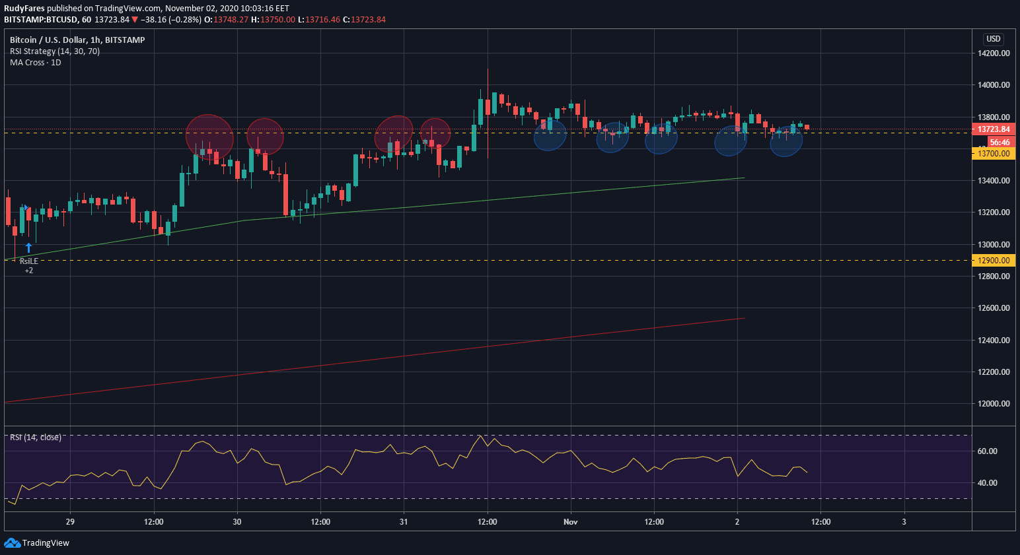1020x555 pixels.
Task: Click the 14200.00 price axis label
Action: [994, 53]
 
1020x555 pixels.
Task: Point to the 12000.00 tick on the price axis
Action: [994, 403]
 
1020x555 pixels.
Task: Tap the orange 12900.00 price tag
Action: [994, 261]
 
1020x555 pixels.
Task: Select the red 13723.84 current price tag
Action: [994, 129]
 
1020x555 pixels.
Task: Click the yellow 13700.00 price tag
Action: [994, 154]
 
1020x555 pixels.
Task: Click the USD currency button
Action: [994, 39]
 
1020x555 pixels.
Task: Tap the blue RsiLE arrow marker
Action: [28, 248]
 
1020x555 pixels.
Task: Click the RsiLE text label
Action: [29, 261]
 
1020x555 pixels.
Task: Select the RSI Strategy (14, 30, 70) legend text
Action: [55, 51]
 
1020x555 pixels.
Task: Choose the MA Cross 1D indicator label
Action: [36, 63]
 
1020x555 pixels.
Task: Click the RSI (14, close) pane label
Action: [36, 438]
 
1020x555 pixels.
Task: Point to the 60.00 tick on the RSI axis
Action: [987, 451]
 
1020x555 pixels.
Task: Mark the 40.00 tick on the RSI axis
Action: [987, 483]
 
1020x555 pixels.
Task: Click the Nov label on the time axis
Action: [571, 522]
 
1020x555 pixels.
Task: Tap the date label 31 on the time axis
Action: [404, 522]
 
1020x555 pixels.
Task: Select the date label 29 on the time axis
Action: [71, 522]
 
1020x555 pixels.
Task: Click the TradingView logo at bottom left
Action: [37, 542]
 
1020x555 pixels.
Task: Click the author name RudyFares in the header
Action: [24, 9]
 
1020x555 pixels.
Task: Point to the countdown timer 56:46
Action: [1000, 143]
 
